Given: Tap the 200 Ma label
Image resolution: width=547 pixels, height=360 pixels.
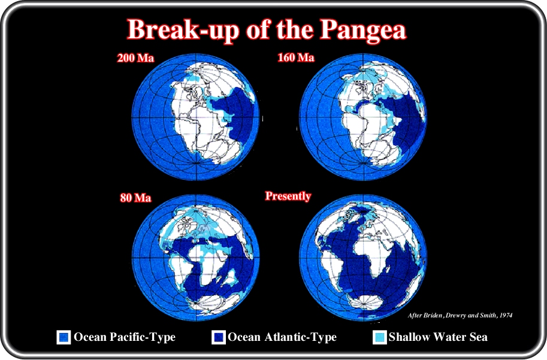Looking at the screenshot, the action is pos(135,58).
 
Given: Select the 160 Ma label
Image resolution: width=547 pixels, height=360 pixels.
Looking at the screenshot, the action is pos(296,57).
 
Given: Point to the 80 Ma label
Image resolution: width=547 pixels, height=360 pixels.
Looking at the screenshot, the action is pos(136,198).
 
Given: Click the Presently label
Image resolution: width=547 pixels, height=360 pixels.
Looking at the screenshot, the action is pos(288,196).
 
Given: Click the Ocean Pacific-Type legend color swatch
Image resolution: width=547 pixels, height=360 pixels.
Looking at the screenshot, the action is pos(64,338).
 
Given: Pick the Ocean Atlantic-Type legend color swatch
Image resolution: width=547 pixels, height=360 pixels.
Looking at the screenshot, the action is pos(219,338).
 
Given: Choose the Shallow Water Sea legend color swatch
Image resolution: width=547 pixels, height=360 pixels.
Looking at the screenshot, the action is pos(380,338).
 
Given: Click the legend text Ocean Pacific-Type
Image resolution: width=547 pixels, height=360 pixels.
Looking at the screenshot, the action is pos(125,337).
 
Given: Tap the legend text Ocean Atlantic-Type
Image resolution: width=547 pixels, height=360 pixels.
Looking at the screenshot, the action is pos(282,337).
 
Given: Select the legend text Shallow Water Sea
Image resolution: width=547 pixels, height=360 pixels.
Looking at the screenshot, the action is pos(438,337).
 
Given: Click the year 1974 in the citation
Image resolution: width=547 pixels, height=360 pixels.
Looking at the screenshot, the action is pos(506,315).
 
